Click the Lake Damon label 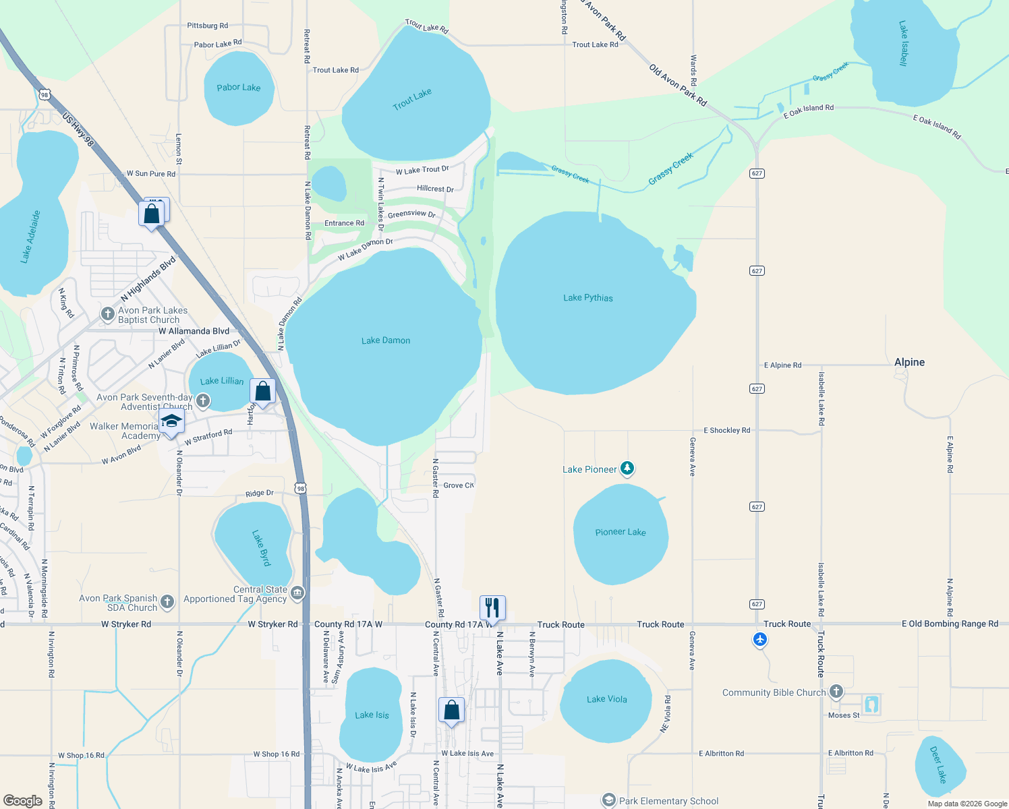(x=386, y=340)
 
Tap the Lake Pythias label (x=588, y=297)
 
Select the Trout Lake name (x=412, y=99)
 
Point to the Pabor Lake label (x=238, y=88)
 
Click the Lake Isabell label (x=904, y=43)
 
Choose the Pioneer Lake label (x=621, y=532)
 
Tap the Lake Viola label (x=607, y=699)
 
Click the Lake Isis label (x=372, y=715)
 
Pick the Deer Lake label (x=938, y=765)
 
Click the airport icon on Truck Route (x=760, y=639)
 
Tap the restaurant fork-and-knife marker (x=492, y=607)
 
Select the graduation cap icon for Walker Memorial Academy (x=171, y=422)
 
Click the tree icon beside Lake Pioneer (x=627, y=468)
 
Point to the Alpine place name (x=909, y=362)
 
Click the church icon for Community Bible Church (x=836, y=692)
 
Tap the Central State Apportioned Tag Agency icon (x=297, y=593)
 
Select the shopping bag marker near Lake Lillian (x=262, y=391)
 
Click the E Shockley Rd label (x=726, y=430)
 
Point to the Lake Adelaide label (x=30, y=236)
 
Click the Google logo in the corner (x=22, y=801)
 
